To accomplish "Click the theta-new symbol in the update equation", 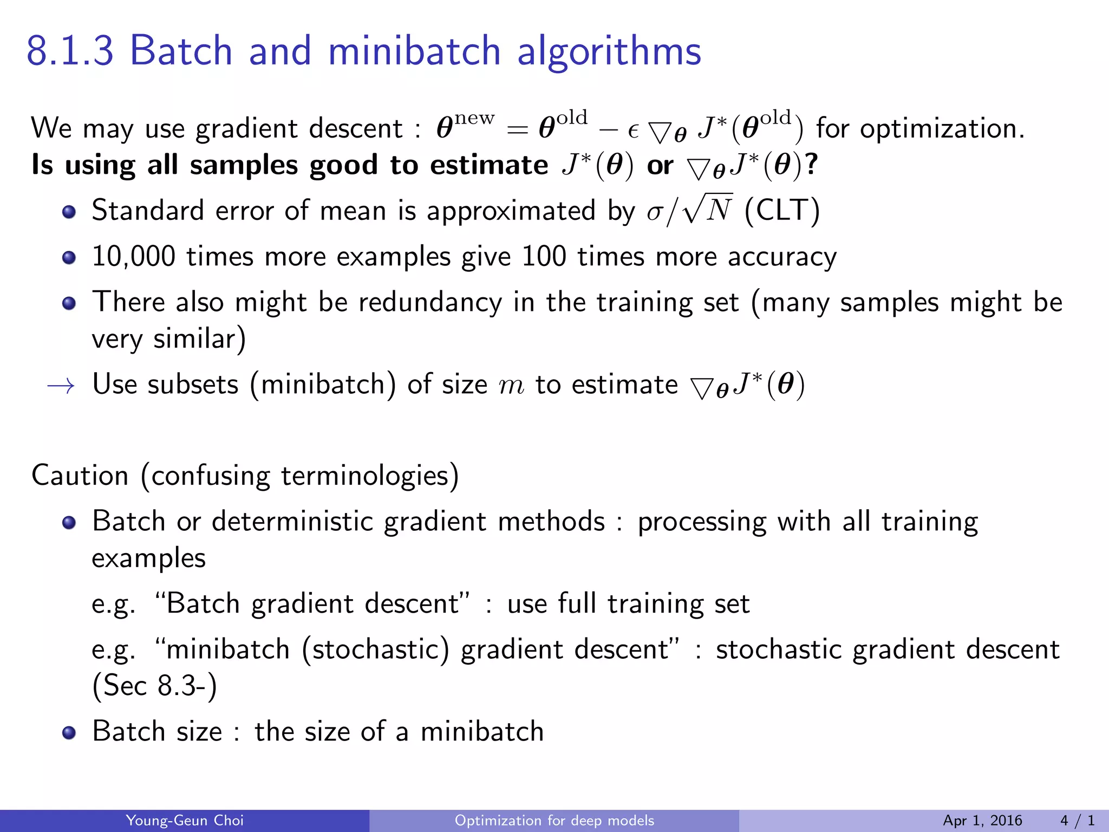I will pyautogui.click(x=465, y=127).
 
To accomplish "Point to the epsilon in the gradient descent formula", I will pyautogui.click(x=633, y=131).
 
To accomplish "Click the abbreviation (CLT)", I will pyautogui.click(x=782, y=210).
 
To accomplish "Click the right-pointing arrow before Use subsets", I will pyautogui.click(x=61, y=385).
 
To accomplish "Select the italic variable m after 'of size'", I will pyautogui.click(x=511, y=386).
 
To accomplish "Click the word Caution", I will pyautogui.click(x=80, y=476).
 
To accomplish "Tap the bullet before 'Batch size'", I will pyautogui.click(x=69, y=733).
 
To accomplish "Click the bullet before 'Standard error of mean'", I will pyautogui.click(x=69, y=211).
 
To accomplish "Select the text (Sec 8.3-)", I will pyautogui.click(x=154, y=686).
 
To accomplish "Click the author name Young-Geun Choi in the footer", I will pyautogui.click(x=185, y=821).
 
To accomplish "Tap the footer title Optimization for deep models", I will pyautogui.click(x=554, y=821).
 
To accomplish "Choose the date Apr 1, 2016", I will pyautogui.click(x=982, y=821).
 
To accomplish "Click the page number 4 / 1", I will pyautogui.click(x=1077, y=821).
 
